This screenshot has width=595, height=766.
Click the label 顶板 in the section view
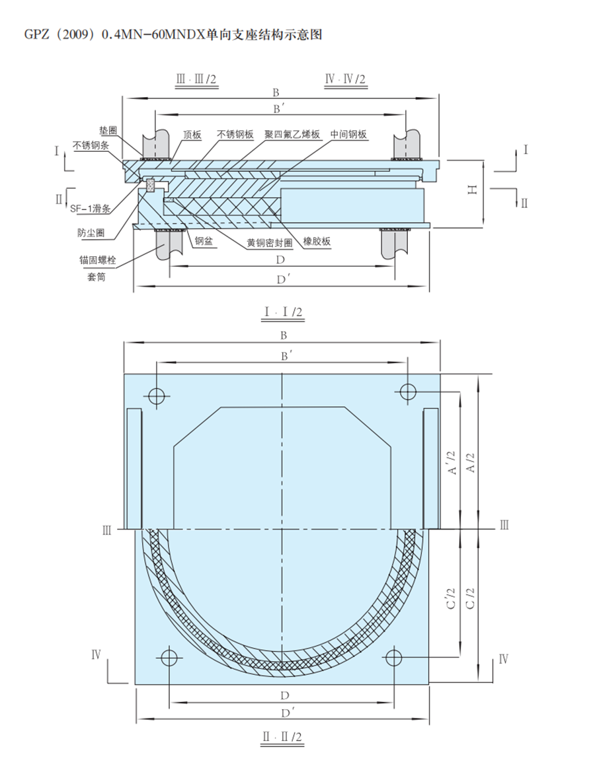[192, 135]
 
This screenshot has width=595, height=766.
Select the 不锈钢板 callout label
[235, 134]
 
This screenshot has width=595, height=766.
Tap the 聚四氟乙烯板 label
[292, 134]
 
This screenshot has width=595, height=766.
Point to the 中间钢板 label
[348, 134]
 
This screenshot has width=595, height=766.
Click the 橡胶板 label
[317, 241]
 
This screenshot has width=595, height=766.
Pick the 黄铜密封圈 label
[269, 243]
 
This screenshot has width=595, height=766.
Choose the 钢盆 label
[204, 241]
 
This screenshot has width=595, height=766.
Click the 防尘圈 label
[91, 233]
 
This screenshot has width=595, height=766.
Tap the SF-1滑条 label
[91, 209]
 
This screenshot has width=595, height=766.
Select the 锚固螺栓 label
[98, 260]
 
